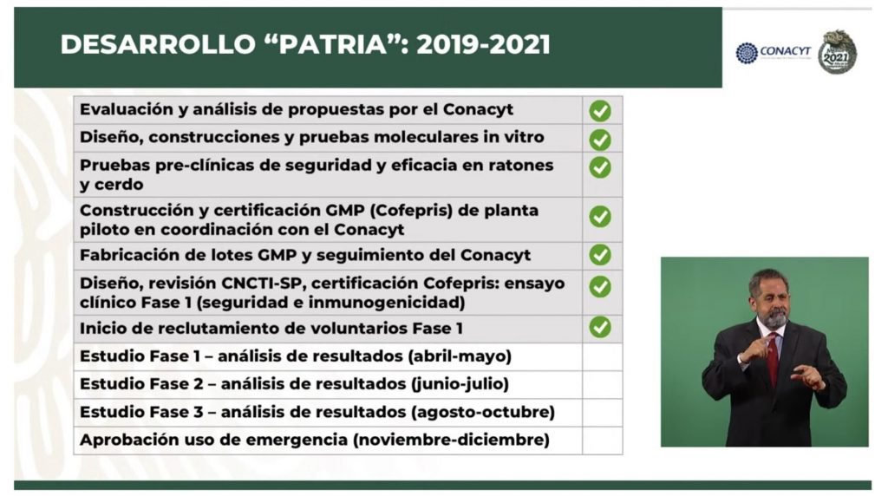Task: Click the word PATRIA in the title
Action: (x=332, y=45)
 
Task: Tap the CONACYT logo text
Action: (x=785, y=51)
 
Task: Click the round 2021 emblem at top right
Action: (x=837, y=52)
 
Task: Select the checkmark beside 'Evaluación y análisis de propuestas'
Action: (x=600, y=110)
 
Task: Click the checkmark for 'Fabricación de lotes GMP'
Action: (x=600, y=255)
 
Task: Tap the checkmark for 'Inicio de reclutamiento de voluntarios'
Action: (x=600, y=327)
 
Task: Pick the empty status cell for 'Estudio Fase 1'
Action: (x=602, y=356)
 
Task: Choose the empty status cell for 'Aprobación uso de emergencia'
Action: (x=602, y=441)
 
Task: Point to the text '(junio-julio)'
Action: (x=460, y=384)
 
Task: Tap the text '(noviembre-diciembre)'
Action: (x=451, y=440)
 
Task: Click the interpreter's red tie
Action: (x=773, y=358)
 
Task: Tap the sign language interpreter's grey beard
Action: (x=774, y=317)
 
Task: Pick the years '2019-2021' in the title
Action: (x=483, y=45)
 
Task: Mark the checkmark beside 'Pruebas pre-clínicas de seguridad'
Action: (x=600, y=167)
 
